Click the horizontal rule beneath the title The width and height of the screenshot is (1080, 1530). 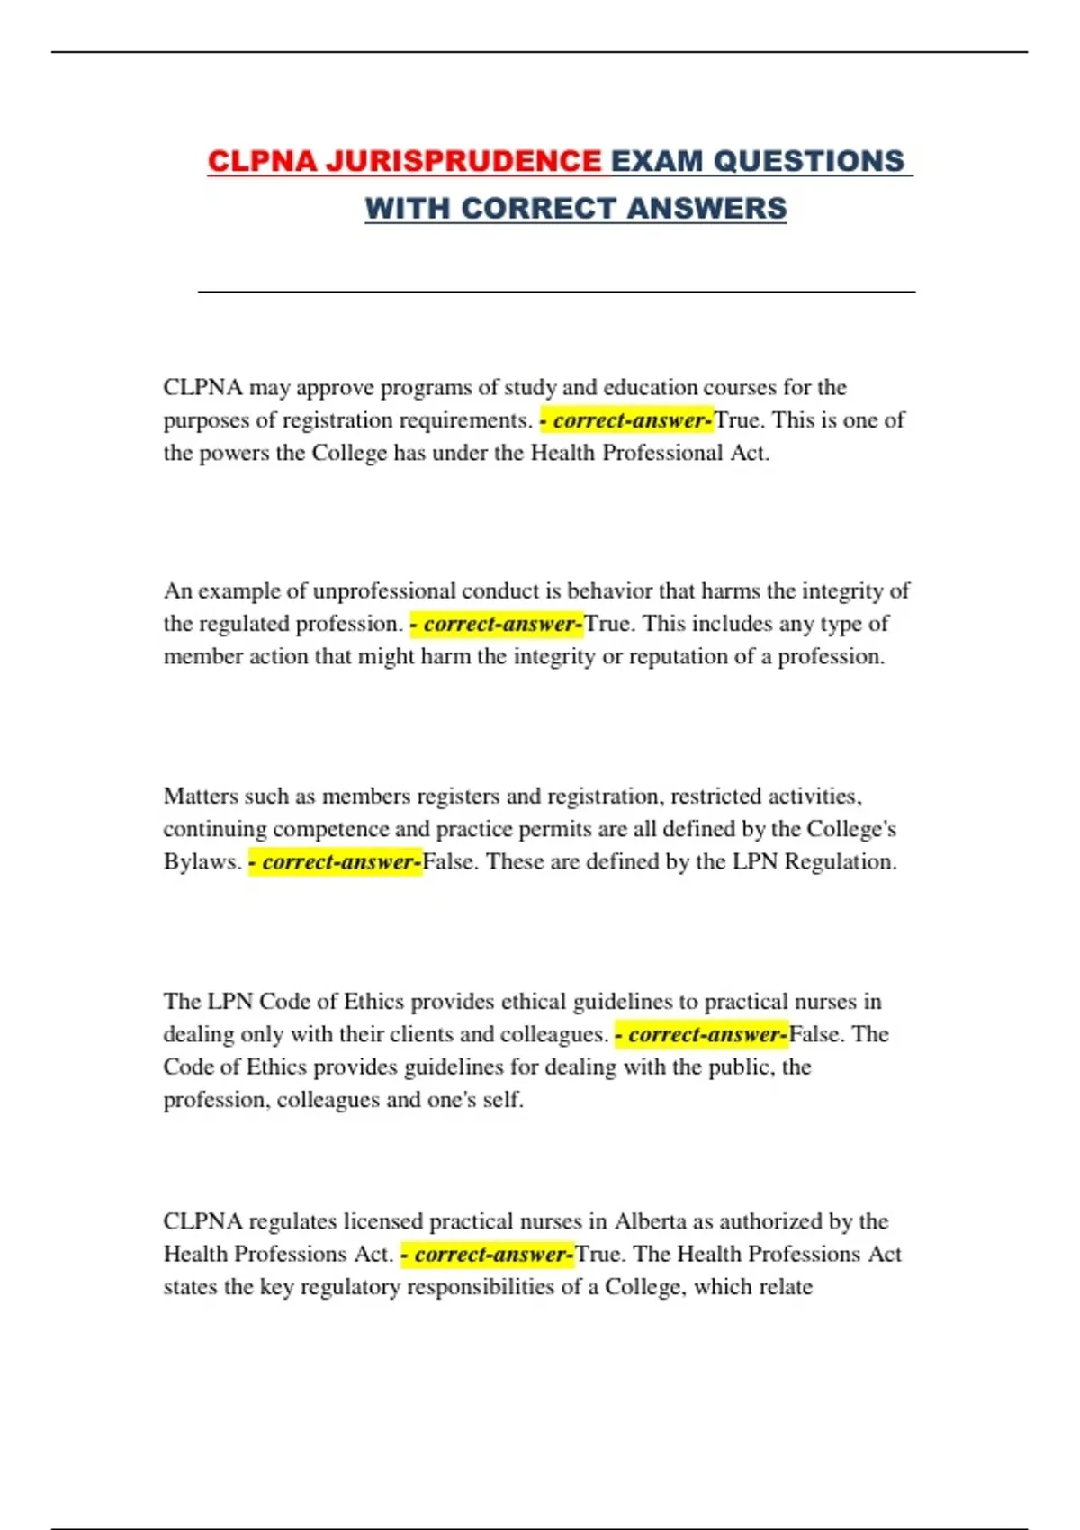(x=556, y=292)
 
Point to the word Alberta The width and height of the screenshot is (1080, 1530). (x=650, y=1221)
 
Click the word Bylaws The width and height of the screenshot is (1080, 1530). (x=202, y=861)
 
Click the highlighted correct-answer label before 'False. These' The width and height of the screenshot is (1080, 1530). (x=336, y=861)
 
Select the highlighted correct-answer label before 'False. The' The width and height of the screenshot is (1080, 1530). (x=702, y=1034)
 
